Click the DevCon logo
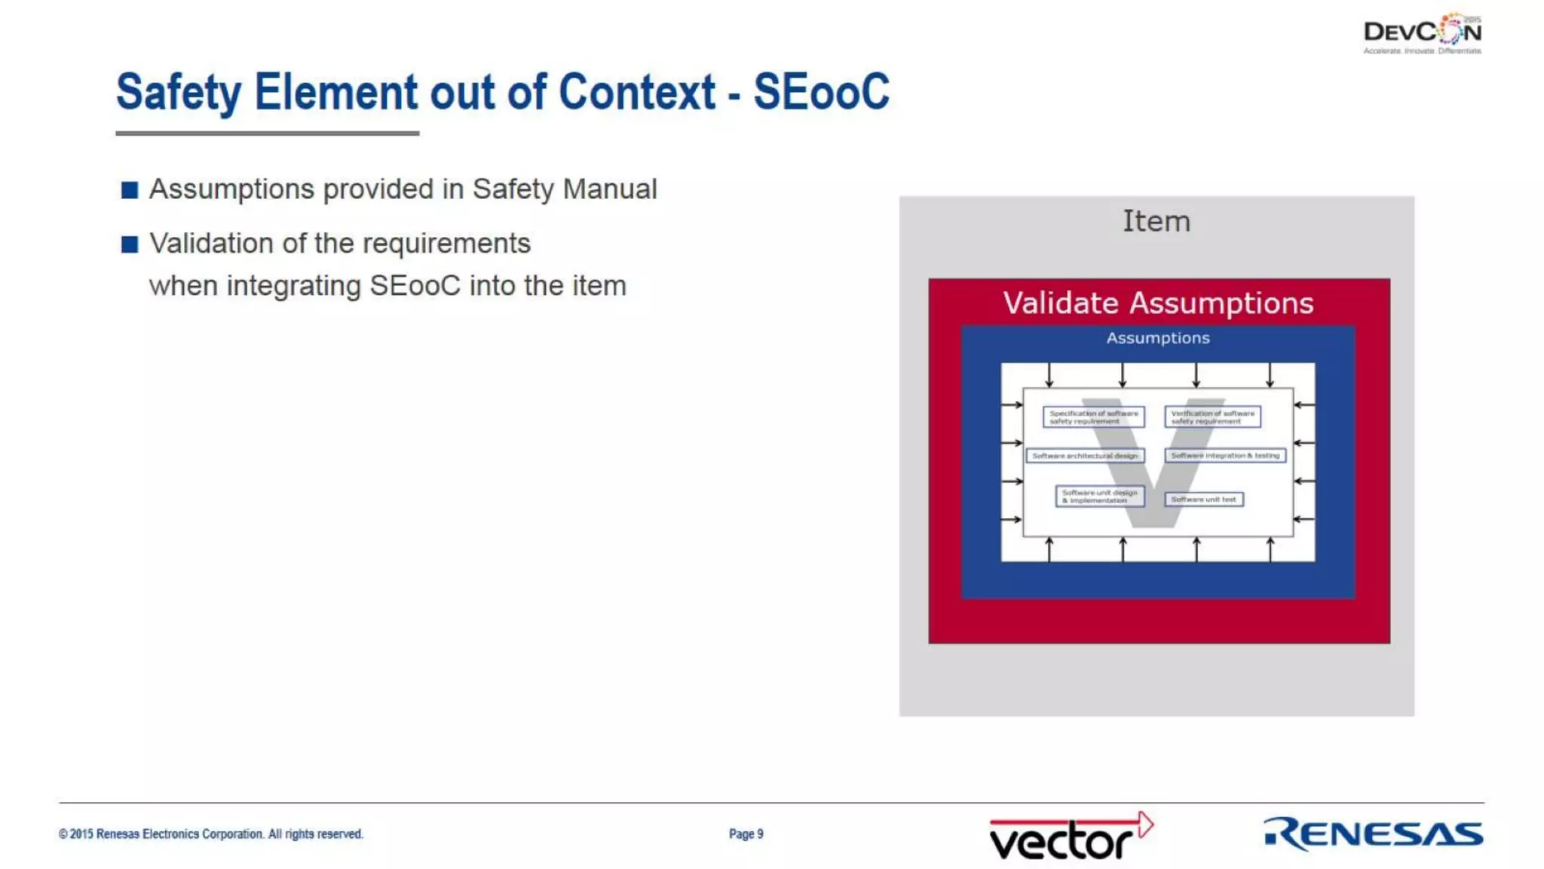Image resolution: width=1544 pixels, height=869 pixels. (x=1422, y=33)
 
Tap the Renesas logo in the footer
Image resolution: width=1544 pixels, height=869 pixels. (x=1373, y=834)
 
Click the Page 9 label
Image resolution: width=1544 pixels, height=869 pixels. (x=746, y=834)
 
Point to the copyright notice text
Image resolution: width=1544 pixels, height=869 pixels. (x=211, y=834)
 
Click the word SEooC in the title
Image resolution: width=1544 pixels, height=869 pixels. (x=821, y=92)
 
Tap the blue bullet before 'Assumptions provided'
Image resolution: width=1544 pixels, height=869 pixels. (x=130, y=189)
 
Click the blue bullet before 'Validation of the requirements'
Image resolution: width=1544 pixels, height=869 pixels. (x=130, y=244)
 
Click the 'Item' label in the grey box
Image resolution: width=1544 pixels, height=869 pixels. (x=1156, y=221)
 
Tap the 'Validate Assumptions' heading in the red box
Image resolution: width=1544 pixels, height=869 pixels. (x=1158, y=303)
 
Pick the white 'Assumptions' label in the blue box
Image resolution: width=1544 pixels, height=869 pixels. (x=1158, y=338)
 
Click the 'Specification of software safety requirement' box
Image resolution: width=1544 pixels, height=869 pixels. (x=1093, y=417)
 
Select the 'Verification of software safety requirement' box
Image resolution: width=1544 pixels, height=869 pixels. (x=1212, y=417)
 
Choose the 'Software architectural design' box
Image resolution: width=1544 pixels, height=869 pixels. (x=1085, y=456)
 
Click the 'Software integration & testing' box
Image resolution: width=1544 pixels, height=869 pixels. (x=1225, y=456)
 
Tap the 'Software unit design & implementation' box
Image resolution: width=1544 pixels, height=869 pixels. (x=1099, y=496)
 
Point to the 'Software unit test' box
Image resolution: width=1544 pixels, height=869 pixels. (x=1203, y=499)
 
